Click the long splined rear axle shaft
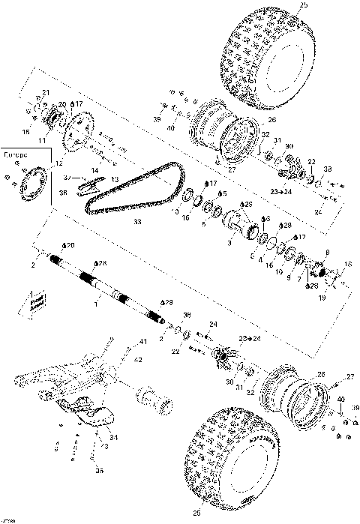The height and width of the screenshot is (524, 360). tap(105, 285)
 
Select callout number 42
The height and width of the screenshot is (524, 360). tap(137, 359)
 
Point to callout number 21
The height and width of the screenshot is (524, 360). tap(45, 93)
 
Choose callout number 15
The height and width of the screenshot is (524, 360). tap(26, 132)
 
